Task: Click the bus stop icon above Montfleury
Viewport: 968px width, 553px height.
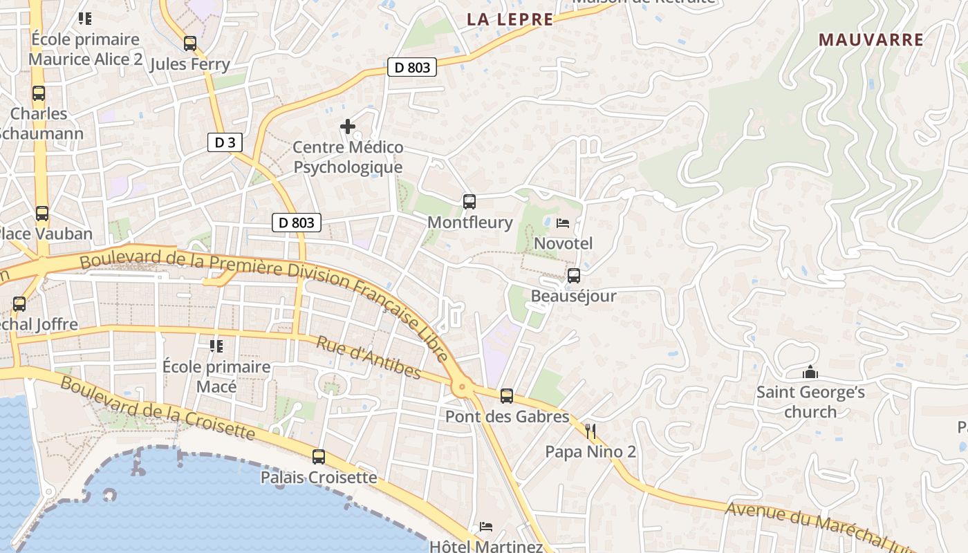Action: point(469,202)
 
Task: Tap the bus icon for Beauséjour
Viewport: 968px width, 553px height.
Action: point(573,276)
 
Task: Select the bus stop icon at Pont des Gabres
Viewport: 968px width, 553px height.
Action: point(507,396)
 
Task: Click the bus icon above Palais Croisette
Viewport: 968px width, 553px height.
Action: point(319,457)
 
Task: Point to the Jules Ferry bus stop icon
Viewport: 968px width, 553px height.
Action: point(190,44)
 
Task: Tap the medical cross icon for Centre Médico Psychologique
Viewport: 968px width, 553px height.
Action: point(348,126)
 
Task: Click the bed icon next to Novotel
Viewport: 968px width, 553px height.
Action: point(563,223)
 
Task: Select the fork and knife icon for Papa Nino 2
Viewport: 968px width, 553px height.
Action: point(590,432)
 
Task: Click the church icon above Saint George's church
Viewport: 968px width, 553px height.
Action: point(810,373)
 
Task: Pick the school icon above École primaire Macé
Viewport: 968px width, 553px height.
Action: point(216,346)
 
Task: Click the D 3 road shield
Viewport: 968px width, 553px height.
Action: point(225,143)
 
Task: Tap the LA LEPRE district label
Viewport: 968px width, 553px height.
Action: point(510,19)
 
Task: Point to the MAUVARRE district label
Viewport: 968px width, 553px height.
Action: point(871,39)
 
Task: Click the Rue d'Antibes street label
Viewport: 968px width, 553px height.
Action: point(369,357)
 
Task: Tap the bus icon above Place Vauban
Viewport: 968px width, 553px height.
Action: point(42,214)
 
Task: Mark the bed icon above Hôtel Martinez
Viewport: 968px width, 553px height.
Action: point(486,527)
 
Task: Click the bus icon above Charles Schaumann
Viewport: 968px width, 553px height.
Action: point(39,93)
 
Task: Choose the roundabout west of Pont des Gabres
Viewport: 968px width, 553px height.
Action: point(461,389)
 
